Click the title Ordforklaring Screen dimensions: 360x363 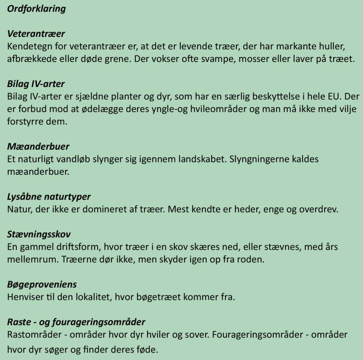[x=36, y=9]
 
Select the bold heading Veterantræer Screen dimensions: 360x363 [x=36, y=34]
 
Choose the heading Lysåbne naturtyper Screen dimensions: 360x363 [x=49, y=196]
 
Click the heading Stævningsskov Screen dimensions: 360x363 [x=39, y=235]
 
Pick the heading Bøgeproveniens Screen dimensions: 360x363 [x=42, y=285]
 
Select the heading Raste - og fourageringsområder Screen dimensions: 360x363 [x=76, y=322]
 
